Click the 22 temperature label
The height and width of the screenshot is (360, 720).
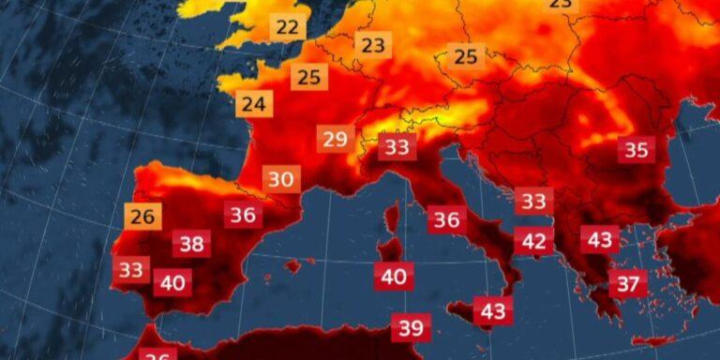pos(288,27)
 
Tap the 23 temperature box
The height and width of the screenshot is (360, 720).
pos(372,44)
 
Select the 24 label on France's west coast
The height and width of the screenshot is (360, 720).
pos(253,103)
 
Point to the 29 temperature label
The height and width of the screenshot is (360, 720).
pos(335,140)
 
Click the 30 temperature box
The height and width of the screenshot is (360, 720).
pos(280,178)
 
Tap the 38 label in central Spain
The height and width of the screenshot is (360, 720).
pos(191,245)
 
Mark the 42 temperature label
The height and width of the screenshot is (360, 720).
pos(533,241)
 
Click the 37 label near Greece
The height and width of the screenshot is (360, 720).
pos(628,282)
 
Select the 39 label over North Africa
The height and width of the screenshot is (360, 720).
pos(412,328)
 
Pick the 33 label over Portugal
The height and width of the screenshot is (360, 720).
pos(132,270)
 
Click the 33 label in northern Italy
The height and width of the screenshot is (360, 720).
pos(397,147)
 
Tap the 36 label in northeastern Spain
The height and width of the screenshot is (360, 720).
pos(243,215)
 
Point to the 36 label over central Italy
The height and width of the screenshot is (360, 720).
pos(447,220)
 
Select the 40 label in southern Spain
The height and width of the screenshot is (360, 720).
pos(172,281)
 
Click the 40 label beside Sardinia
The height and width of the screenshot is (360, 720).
pos(394,277)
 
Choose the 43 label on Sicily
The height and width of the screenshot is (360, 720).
pos(492,310)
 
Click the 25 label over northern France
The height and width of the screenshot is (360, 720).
pos(309,77)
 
